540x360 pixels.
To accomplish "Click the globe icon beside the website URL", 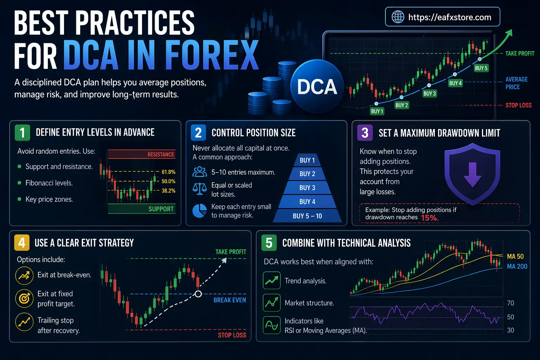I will click(398, 17).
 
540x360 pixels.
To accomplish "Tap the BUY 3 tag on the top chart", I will click(430, 94).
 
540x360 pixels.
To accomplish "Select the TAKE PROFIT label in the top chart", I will click(520, 53).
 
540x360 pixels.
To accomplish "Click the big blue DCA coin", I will click(317, 86).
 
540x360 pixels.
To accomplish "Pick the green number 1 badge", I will click(22, 133).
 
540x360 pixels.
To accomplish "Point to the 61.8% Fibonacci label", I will click(168, 172).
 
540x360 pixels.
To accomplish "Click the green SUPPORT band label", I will click(161, 209).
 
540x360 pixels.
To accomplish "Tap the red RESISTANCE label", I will click(161, 154).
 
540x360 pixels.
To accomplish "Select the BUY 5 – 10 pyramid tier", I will click(307, 216).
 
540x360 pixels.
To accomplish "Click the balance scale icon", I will click(200, 189).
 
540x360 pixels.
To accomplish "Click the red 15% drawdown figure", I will click(430, 218).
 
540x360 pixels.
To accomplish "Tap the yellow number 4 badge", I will click(22, 243).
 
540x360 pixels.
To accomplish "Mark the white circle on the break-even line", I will click(198, 294).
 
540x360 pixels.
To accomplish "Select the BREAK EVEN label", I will click(230, 300).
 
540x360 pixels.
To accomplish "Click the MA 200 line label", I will click(517, 266).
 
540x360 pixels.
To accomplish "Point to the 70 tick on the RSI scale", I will click(510, 303).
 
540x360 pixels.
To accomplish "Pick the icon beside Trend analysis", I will click(272, 281).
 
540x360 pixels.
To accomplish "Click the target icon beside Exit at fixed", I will click(24, 298).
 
